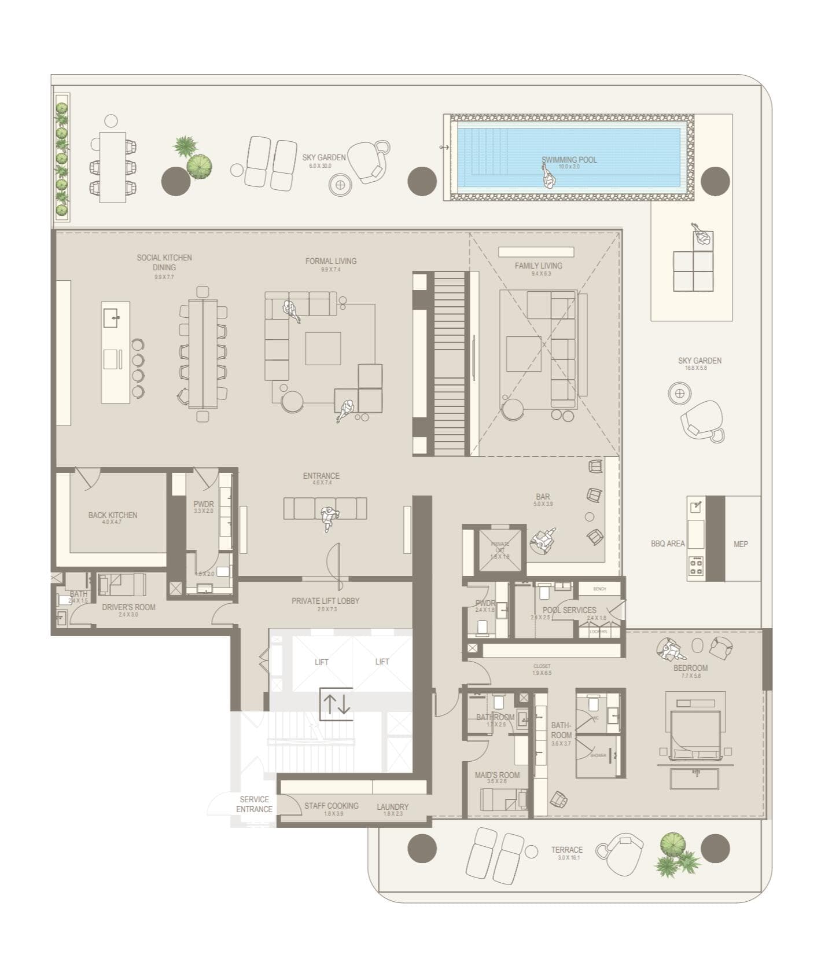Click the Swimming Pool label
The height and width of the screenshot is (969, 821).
tap(569, 160)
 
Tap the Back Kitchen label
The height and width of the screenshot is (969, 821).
tap(113, 515)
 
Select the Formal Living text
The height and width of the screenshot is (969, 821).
tap(331, 261)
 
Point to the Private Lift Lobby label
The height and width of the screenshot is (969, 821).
tap(325, 601)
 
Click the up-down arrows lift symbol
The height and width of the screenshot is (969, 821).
tap(336, 704)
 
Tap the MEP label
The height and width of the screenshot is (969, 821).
tap(741, 544)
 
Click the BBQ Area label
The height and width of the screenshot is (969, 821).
tap(667, 544)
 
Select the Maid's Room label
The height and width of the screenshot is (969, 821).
tap(497, 775)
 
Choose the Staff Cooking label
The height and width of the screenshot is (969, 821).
tap(332, 805)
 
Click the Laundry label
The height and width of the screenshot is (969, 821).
tap(392, 806)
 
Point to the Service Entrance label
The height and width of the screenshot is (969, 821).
tap(254, 804)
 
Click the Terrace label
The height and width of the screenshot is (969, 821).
tap(566, 850)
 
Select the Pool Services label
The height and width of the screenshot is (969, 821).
tap(569, 610)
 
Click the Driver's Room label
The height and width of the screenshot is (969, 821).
tap(128, 607)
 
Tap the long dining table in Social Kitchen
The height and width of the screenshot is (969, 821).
tap(203, 353)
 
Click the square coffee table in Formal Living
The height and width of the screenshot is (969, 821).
tap(323, 348)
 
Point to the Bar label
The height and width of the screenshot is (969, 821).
tap(543, 497)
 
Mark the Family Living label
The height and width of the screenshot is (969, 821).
tap(538, 266)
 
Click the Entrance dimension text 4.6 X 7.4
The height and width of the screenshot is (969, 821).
tap(322, 483)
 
